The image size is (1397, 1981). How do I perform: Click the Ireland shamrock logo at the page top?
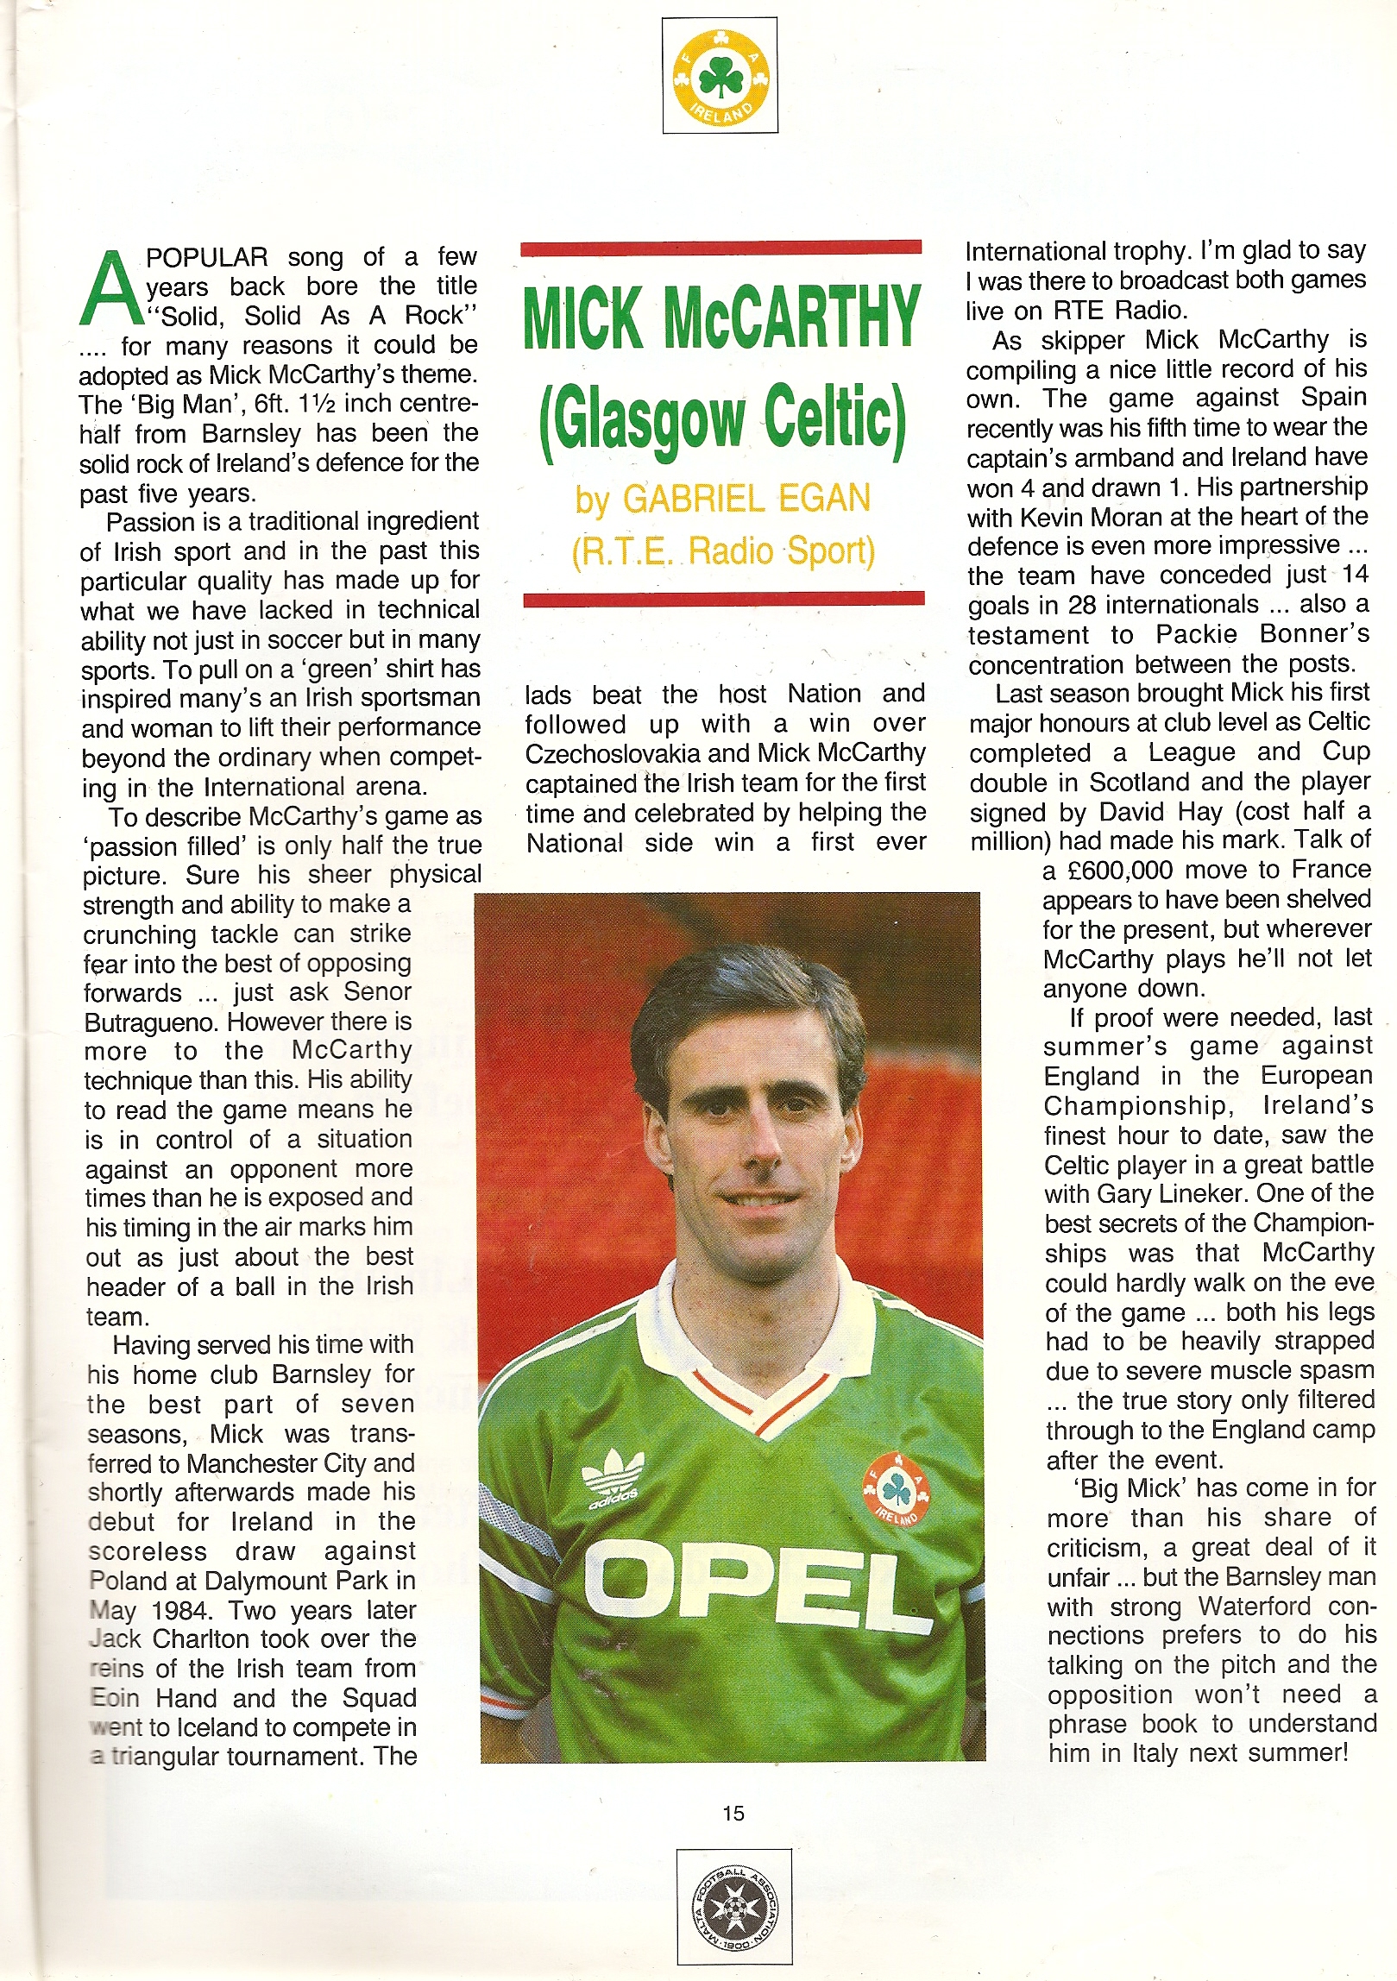coord(720,76)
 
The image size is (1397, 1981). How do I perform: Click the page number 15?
coord(733,1813)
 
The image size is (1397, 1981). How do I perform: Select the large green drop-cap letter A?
coord(110,288)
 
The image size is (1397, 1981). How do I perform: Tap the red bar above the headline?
coord(721,248)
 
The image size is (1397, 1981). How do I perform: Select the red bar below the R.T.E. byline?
coord(724,598)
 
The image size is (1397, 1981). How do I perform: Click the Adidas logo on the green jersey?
coord(614,1478)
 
